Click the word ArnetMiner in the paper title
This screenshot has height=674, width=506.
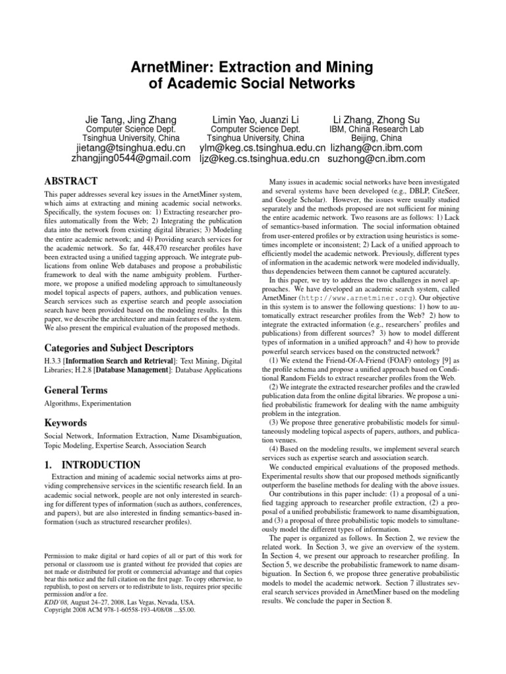[x=171, y=66]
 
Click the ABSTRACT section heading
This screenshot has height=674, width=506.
[x=71, y=181]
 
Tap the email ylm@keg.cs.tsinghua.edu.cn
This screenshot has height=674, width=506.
[x=262, y=149]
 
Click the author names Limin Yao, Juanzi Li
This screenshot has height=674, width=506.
[x=256, y=119]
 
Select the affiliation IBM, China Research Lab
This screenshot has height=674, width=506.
[x=373, y=130]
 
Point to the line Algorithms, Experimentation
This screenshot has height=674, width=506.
[x=88, y=403]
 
